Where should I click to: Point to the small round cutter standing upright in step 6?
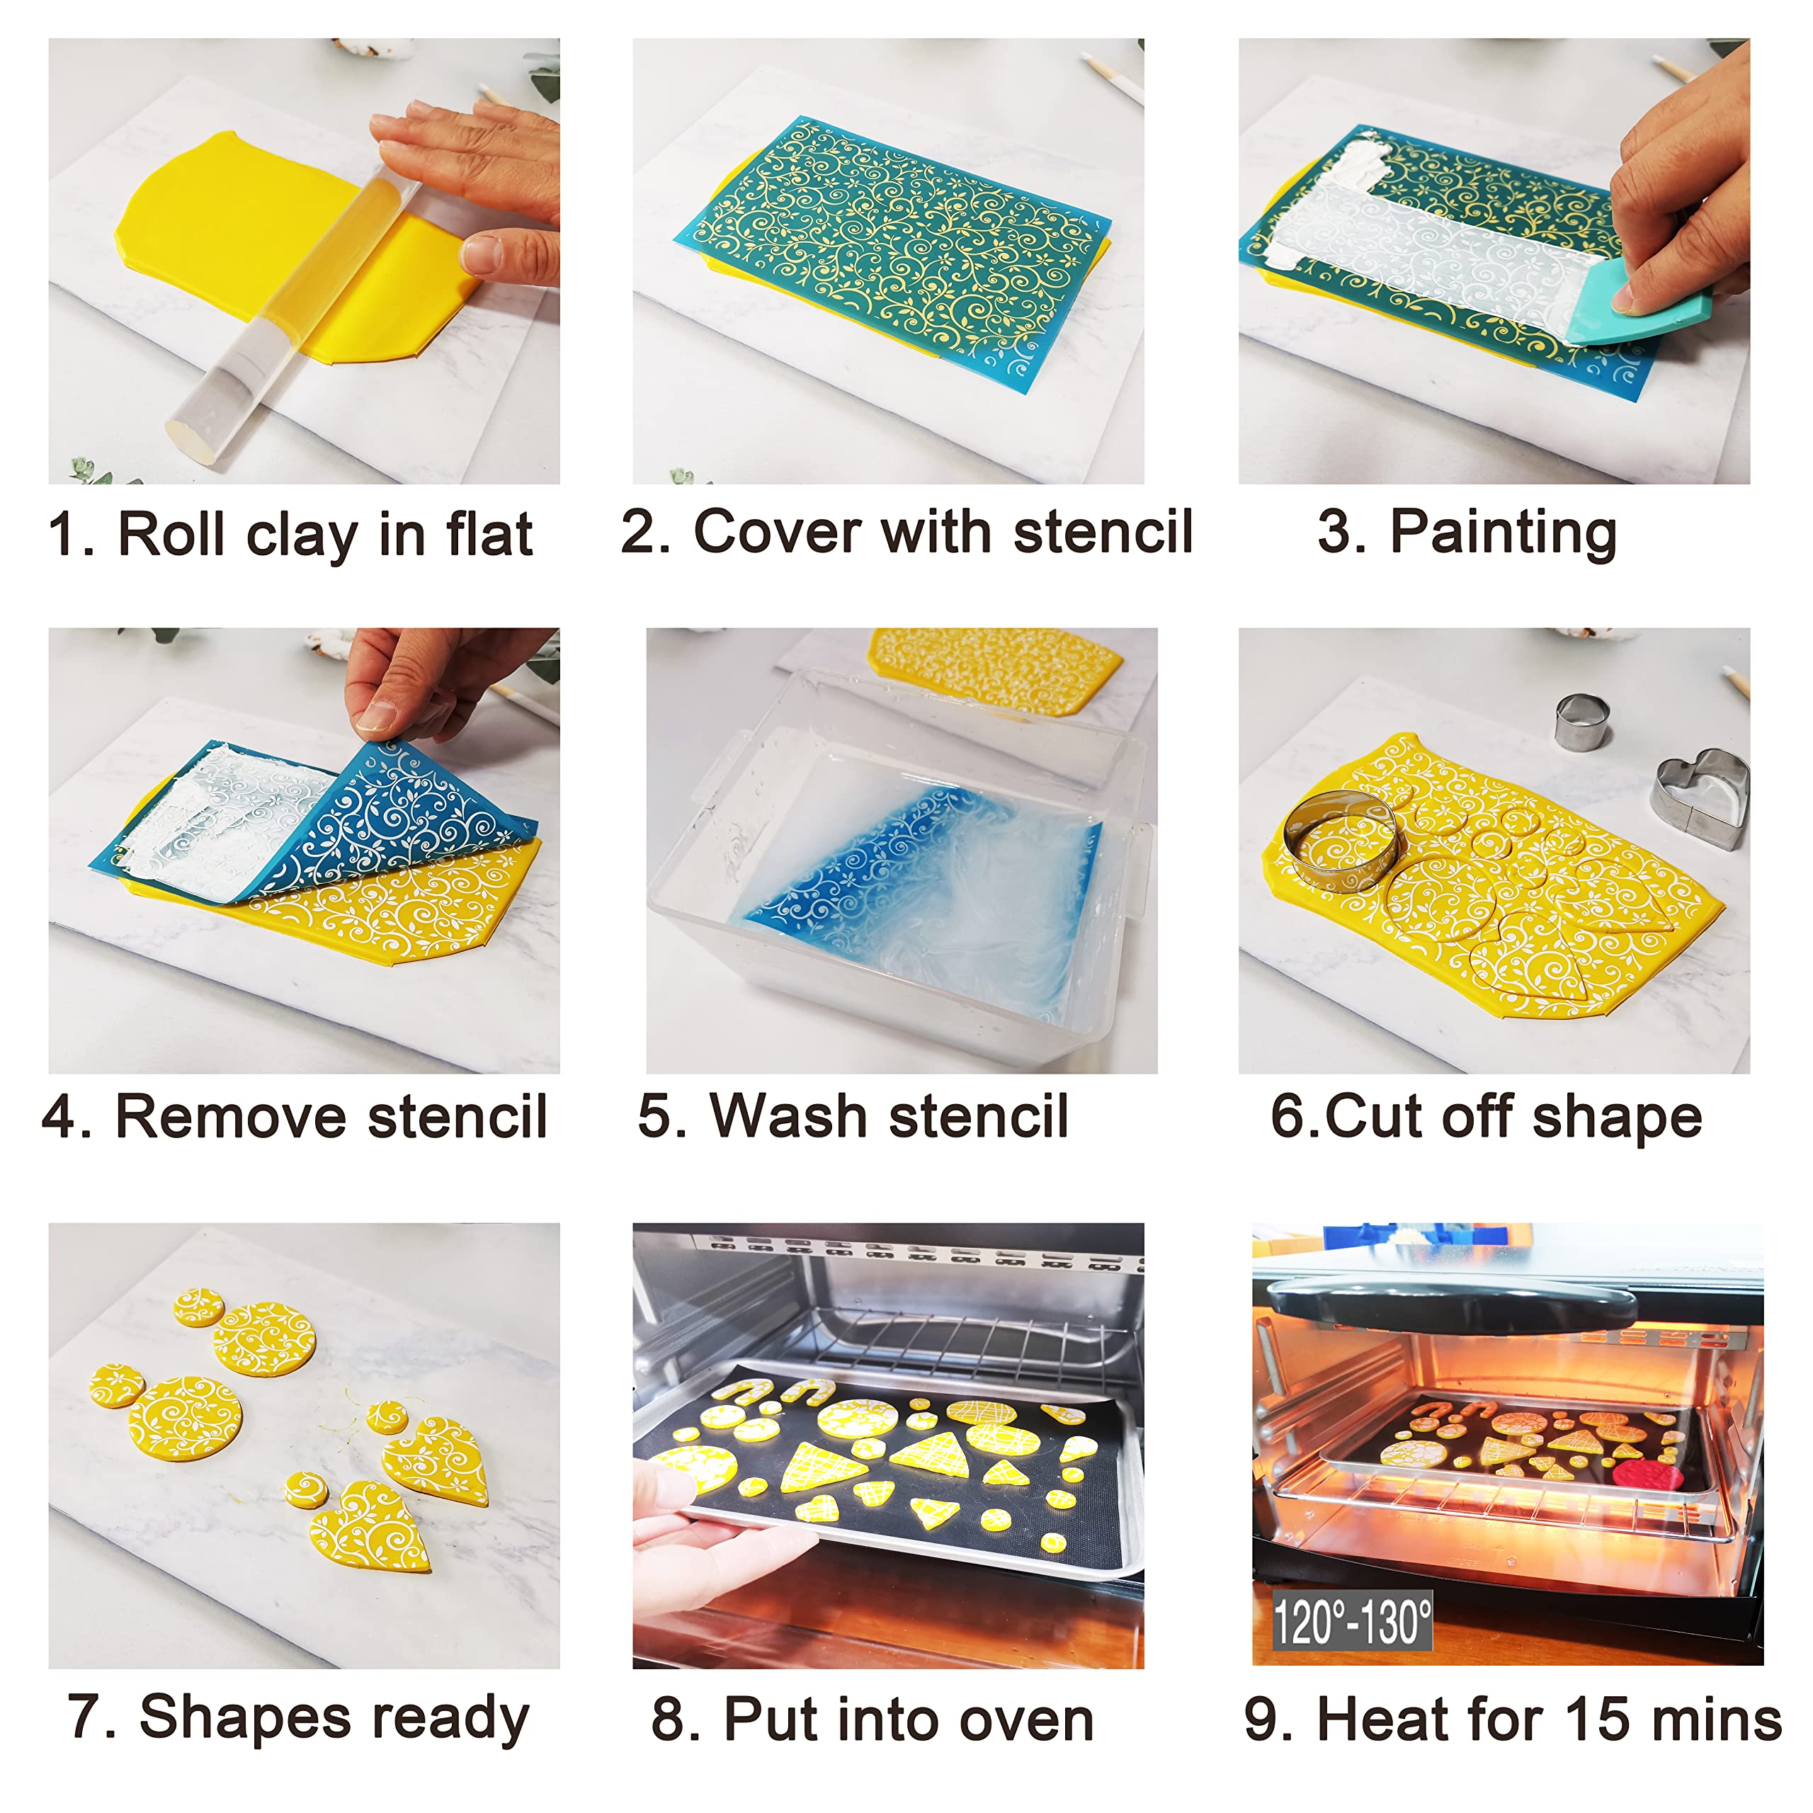[1582, 721]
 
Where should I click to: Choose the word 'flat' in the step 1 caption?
[489, 534]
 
